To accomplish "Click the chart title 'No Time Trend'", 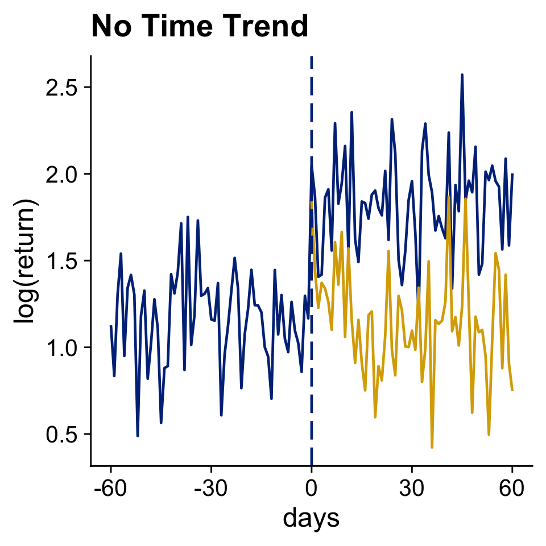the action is [200, 26].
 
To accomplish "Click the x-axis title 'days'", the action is [311, 518].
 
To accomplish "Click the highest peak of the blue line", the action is [462, 75].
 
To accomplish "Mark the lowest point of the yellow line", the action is [432, 448].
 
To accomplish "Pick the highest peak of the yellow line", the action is [449, 197].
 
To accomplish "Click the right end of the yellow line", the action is [512, 390].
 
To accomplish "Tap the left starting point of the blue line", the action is [111, 325].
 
